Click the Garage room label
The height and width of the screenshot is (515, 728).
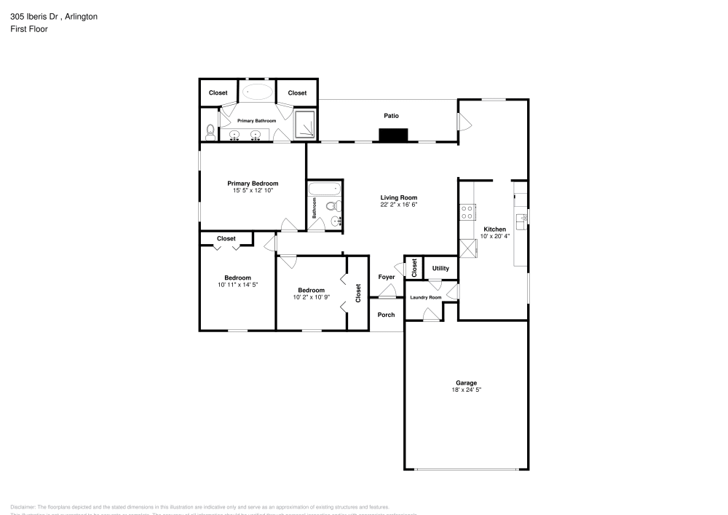pos(466,383)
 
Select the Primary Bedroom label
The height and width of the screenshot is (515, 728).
pos(253,184)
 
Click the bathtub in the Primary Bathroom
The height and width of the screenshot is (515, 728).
pos(257,93)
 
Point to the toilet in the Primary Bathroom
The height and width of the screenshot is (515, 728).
pos(210,131)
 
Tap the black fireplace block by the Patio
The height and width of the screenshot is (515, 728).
pos(393,135)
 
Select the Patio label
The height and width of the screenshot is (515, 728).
pos(392,116)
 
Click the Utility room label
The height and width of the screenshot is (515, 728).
pos(440,268)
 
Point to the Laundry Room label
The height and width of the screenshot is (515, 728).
pos(426,297)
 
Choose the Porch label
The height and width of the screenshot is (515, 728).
pos(387,315)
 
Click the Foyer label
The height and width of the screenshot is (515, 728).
pos(387,277)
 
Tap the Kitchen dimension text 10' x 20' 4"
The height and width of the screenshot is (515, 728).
pos(494,236)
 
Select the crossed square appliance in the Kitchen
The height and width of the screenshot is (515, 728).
pos(467,249)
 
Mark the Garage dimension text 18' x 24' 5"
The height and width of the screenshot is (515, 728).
pos(466,390)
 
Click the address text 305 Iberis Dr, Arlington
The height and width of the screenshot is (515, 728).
pos(55,16)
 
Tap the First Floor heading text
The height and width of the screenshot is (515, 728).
pos(29,29)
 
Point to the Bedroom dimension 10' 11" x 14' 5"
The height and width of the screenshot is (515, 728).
pos(237,285)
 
